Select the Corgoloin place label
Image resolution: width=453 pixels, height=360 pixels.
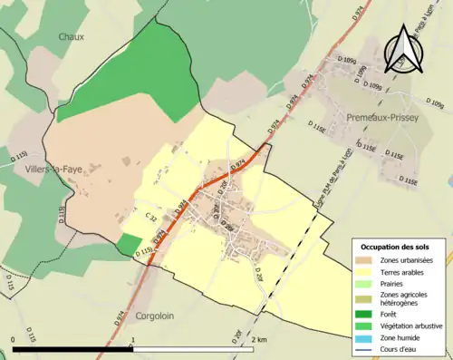pos(160,316)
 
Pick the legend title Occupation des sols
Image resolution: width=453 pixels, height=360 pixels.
pos(396,247)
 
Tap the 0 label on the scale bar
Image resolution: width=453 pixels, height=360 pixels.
pos(13,339)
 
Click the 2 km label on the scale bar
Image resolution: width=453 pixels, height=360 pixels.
pos(259,339)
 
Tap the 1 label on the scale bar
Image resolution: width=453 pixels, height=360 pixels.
pos(133,339)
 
